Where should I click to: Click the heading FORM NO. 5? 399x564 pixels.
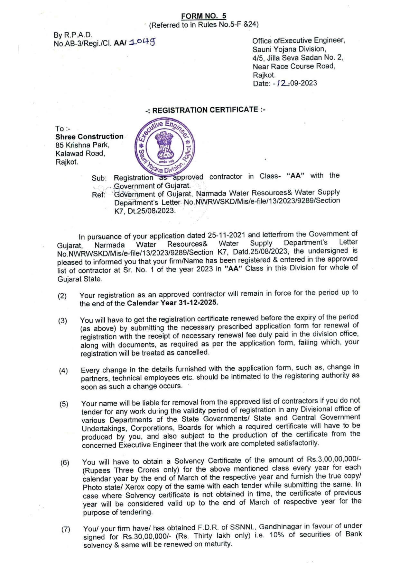tap(203, 16)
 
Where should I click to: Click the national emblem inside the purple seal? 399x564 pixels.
tap(164, 146)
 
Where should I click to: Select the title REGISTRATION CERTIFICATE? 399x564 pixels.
tap(205, 110)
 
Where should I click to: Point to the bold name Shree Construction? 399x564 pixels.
tap(89, 137)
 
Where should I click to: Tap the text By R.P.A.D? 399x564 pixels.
tap(73, 35)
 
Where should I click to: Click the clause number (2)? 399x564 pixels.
tap(62, 296)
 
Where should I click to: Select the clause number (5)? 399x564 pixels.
tap(64, 404)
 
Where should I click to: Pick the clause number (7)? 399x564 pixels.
tap(66, 529)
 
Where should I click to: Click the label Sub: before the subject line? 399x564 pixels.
tap(99, 178)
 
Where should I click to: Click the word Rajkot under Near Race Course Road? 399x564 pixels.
tap(264, 75)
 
